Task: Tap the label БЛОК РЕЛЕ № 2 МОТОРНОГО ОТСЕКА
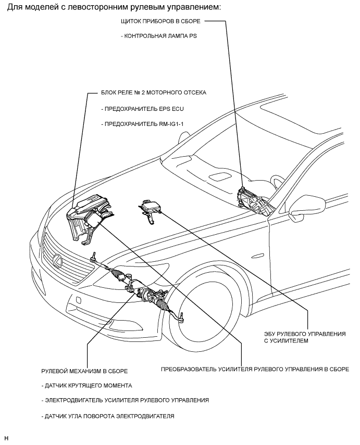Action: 153,93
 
